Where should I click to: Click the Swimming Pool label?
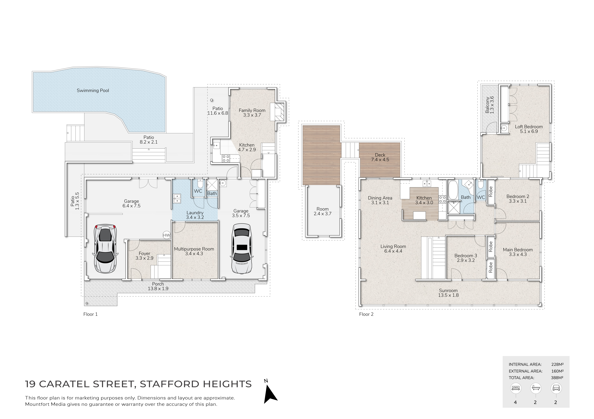tap(93, 91)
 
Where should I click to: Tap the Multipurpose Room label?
tap(194, 249)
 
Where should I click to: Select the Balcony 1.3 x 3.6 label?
tap(490, 105)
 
